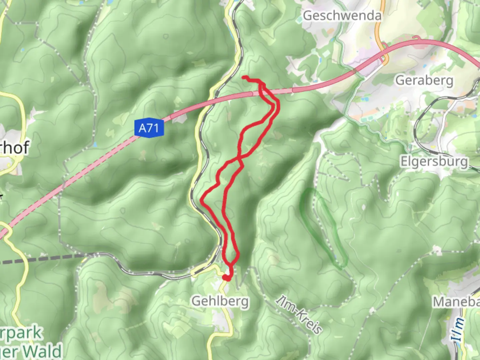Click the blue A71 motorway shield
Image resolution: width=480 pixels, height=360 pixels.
coord(149,128)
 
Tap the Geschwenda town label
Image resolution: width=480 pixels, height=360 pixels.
coord(342,16)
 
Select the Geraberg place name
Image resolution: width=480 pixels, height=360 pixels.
coord(424,80)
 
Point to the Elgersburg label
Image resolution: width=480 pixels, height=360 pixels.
coord(434,161)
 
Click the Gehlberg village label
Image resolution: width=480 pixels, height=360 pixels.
coord(220,301)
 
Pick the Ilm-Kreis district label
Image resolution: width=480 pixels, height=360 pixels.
coord(299,315)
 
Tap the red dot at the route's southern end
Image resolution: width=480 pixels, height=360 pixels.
coord(226,277)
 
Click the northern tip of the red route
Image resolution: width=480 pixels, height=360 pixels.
coord(244,78)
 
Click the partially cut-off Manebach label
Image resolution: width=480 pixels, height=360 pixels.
coord(456,302)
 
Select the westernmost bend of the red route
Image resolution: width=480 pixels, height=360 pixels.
coord(202,199)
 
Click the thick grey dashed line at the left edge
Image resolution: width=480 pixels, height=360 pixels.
coord(40,258)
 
